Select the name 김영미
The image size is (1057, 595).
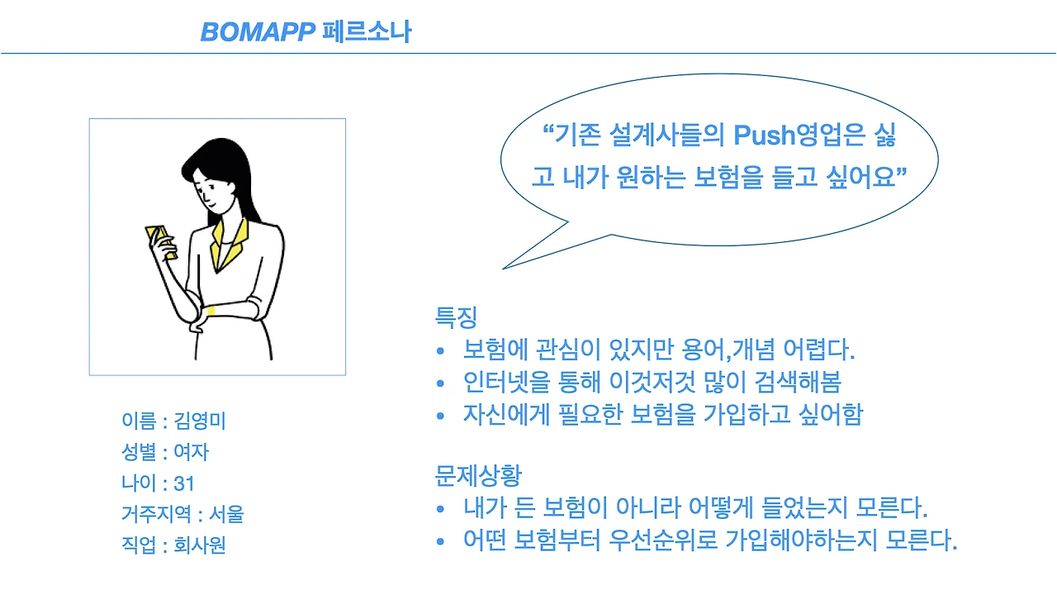[x=201, y=421]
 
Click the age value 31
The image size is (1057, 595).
[x=184, y=483]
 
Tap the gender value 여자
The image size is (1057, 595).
[x=192, y=452]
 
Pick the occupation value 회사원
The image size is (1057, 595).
[x=200, y=545]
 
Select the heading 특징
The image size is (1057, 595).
[x=456, y=317]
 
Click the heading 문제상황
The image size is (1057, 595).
[x=478, y=475]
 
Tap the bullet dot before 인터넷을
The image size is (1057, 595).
[x=442, y=383]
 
